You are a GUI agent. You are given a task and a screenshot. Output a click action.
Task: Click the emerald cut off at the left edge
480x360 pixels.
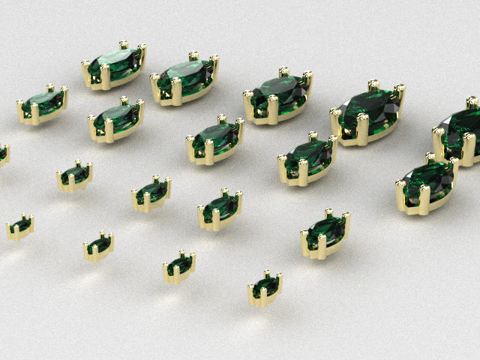2,154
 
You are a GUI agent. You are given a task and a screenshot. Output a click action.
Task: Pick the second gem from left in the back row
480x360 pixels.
185,78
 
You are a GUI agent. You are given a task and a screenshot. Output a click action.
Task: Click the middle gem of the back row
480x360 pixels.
278,96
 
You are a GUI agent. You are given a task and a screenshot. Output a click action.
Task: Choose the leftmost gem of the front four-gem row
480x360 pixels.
20,226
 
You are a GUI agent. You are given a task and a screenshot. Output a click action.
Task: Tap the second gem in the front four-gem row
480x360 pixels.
98,246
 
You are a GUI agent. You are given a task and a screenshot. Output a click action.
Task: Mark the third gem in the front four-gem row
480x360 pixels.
180,266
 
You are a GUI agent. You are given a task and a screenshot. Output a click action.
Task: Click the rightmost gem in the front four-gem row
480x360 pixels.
265,288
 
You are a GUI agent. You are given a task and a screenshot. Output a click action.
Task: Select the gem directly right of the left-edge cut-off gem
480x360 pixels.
75,176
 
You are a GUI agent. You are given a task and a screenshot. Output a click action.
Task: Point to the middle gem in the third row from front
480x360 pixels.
215,139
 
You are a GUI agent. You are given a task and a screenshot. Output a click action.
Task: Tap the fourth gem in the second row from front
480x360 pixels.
220,209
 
